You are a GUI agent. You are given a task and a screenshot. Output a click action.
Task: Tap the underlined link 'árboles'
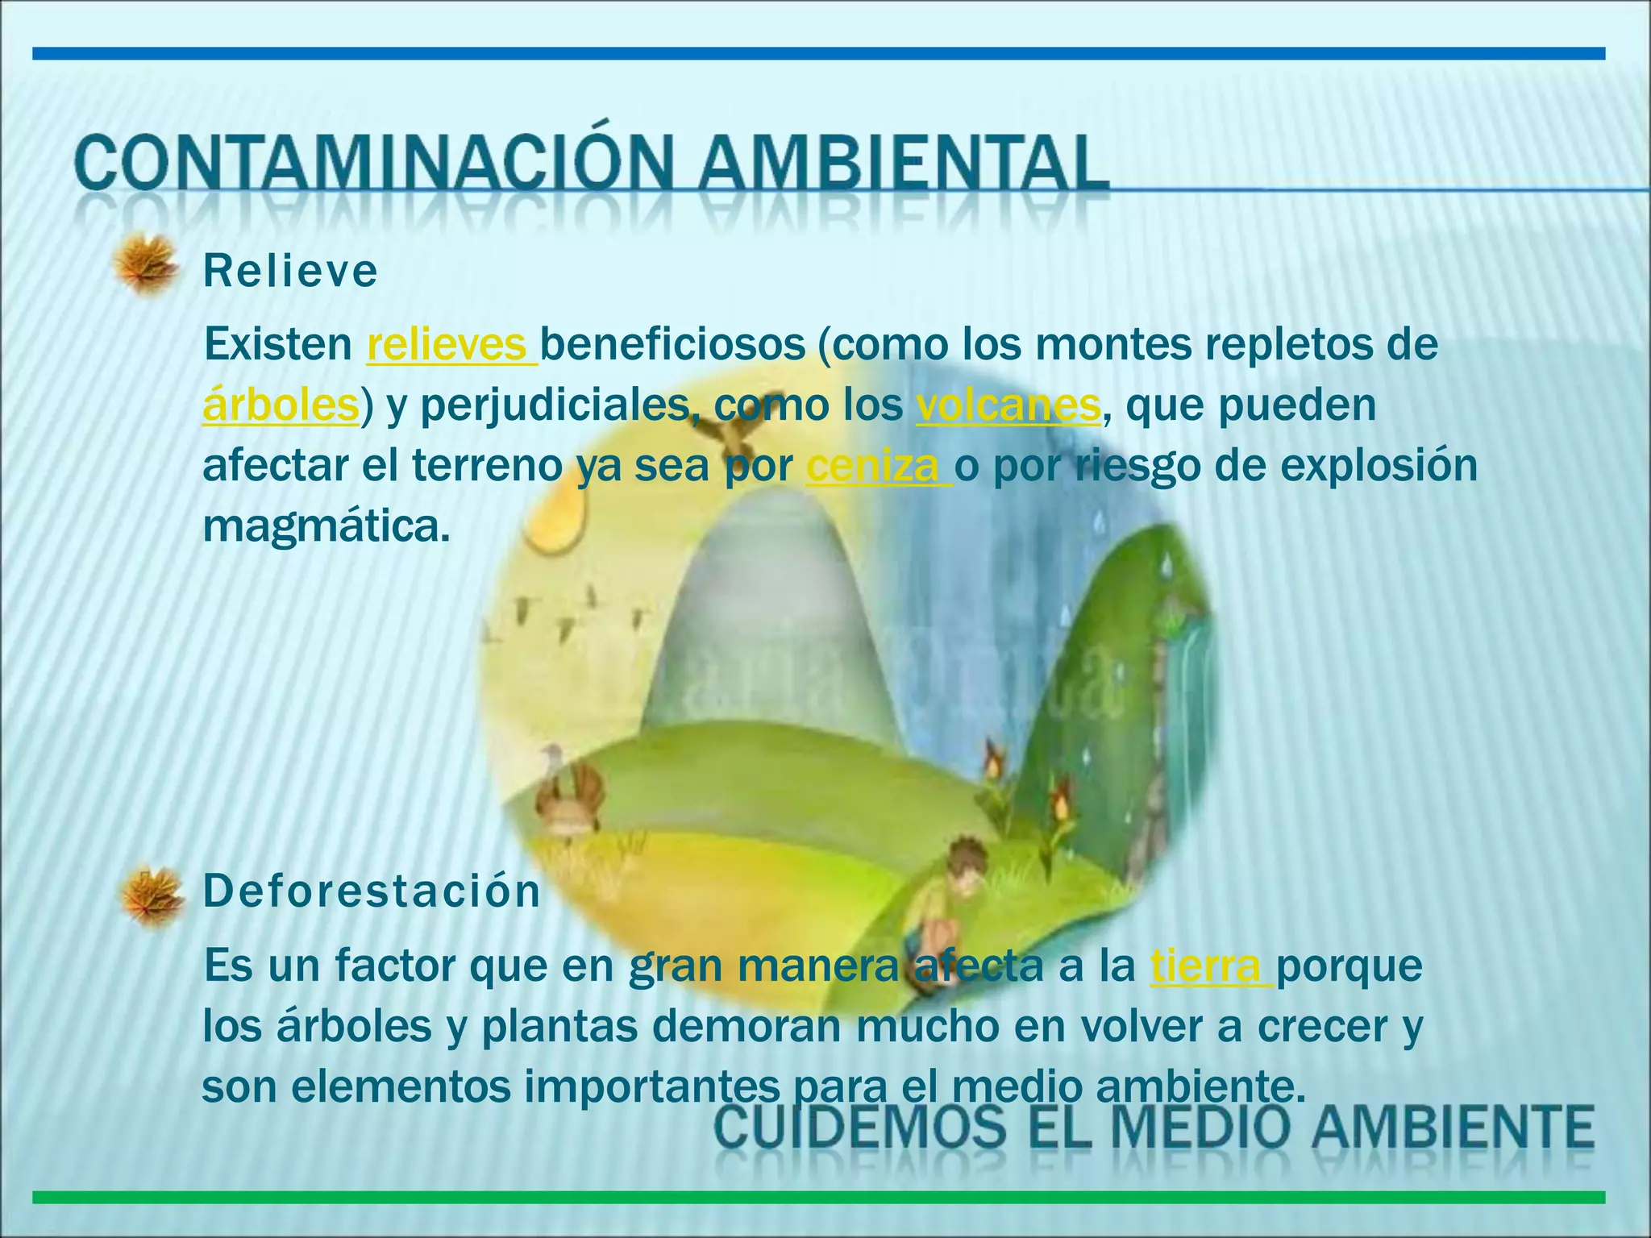point(281,405)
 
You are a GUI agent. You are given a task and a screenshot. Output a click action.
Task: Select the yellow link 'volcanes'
point(1008,405)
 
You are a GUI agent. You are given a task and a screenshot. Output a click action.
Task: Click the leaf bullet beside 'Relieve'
point(145,265)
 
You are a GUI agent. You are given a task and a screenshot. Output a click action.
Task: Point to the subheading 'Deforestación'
point(372,891)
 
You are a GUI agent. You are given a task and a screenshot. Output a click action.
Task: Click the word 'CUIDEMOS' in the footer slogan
point(862,1127)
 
